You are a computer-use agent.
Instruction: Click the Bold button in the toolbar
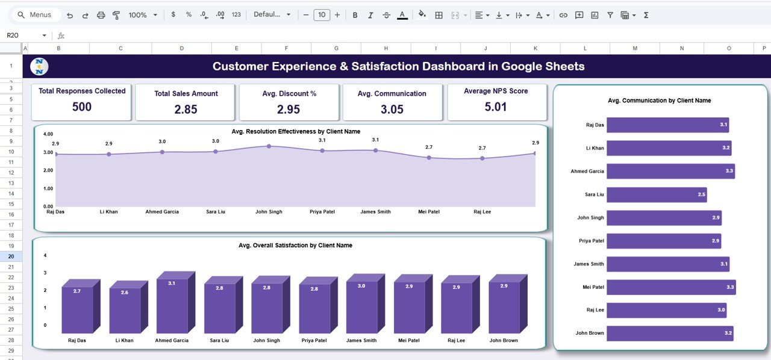355,15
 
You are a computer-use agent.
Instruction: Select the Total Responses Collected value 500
82,107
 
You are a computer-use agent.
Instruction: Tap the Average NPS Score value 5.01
496,107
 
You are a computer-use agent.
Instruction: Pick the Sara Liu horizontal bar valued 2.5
656,194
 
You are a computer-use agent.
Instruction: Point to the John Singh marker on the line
269,146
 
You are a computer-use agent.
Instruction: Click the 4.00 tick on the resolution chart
49,134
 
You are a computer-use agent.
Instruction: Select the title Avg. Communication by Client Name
660,101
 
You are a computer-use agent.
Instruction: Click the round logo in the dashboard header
39,66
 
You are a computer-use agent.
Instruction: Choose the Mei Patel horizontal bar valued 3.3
671,287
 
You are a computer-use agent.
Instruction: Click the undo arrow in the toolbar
70,15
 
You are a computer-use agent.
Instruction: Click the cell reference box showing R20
24,36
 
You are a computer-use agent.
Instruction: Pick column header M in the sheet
635,48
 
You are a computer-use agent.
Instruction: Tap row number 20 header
11,256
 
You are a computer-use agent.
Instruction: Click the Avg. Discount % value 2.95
289,110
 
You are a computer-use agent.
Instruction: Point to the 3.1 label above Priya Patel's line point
322,140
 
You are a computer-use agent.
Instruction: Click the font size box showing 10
322,15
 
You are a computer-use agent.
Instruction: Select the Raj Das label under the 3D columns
77,341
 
